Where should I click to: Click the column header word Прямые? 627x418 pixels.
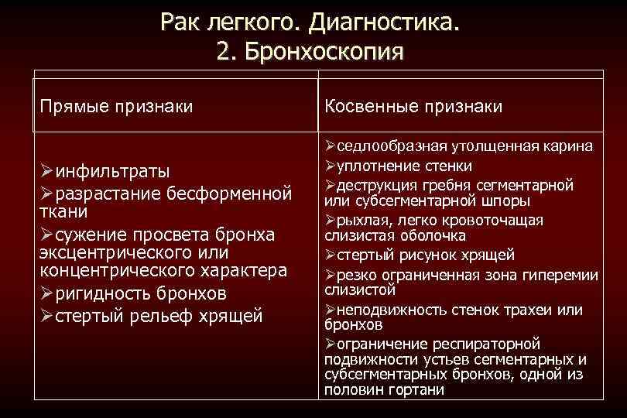pyautogui.click(x=74, y=105)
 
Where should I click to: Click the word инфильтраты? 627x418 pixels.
pyautogui.click(x=114, y=170)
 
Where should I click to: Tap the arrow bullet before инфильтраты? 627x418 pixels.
pyautogui.click(x=48, y=170)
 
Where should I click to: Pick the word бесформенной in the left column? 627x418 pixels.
pyautogui.click(x=231, y=190)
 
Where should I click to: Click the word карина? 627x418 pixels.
pyautogui.click(x=568, y=146)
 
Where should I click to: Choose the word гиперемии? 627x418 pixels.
pyautogui.click(x=566, y=274)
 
